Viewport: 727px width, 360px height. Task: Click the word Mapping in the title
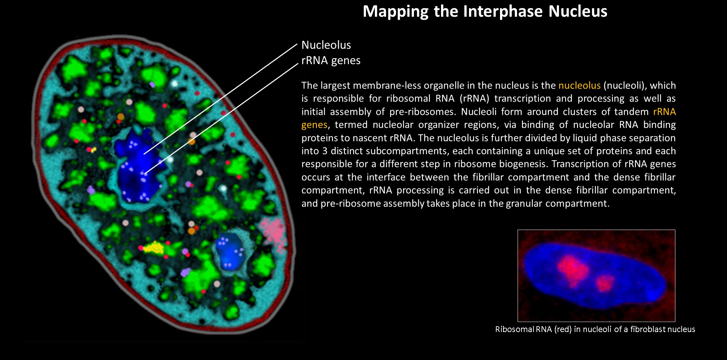tap(395, 11)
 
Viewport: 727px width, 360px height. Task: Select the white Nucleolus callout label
tap(326, 45)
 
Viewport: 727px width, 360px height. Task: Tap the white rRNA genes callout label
tap(331, 60)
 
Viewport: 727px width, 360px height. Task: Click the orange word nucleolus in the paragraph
tap(579, 85)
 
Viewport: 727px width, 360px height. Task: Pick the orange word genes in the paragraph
tap(314, 125)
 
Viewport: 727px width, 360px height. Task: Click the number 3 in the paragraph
tap(324, 151)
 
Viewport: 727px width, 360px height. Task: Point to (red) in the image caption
tap(563, 329)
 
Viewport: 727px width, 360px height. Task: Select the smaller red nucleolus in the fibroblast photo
tap(605, 283)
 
